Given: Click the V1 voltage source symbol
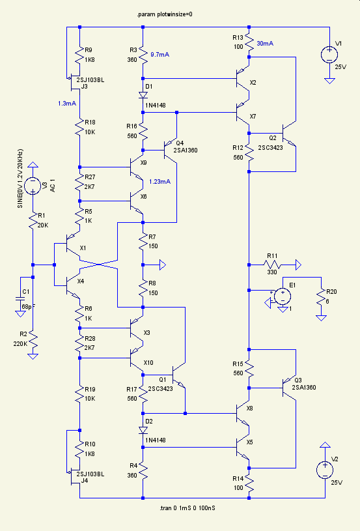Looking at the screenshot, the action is [329, 55].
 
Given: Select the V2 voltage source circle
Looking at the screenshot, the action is [325, 470].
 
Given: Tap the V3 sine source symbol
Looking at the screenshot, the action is [33, 186].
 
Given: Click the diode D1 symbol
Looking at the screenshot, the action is [143, 95].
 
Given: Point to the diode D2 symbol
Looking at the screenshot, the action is [143, 430].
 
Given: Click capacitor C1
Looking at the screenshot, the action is [20, 298].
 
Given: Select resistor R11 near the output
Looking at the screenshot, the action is [272, 265].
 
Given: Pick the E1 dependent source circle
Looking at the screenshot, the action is [283, 296].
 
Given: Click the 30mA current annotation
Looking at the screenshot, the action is [265, 44].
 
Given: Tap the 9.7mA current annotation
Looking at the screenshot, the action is [159, 55].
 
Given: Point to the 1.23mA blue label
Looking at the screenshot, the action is [159, 182].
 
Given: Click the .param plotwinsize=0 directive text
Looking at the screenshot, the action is [165, 14].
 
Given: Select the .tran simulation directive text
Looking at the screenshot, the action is [187, 508].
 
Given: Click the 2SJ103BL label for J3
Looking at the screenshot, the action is [90, 80].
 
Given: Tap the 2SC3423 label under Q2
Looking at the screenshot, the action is [270, 148].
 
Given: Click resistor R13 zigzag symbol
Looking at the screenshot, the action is [249, 42].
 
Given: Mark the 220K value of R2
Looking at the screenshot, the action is [20, 344].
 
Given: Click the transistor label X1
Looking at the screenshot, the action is [83, 248].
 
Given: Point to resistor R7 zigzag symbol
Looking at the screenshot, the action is [143, 242].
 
